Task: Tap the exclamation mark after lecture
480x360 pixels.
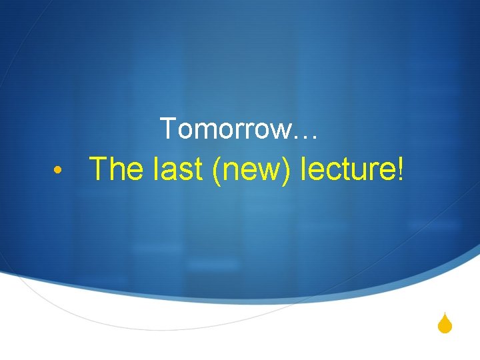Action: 400,169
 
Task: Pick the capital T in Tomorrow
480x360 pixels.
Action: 168,128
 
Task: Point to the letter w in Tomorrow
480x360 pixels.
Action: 279,131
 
